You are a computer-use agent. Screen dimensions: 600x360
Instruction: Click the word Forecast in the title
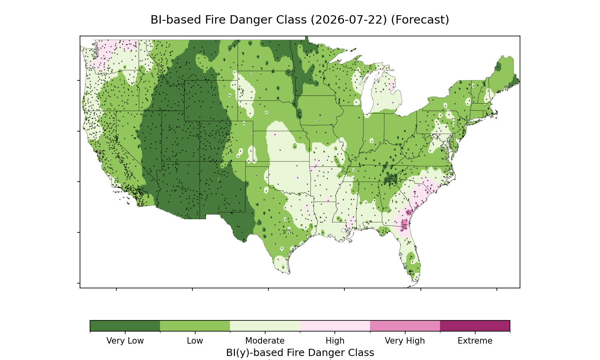coord(420,20)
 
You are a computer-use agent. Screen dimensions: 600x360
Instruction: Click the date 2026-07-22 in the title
coord(349,20)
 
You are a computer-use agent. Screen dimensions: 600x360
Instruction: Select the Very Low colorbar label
coord(125,341)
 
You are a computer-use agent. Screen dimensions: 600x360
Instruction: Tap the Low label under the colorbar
coord(195,341)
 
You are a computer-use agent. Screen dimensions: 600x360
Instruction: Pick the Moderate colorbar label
coord(265,341)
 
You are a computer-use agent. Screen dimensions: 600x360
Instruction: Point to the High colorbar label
coord(335,341)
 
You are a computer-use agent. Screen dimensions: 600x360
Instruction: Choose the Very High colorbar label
coord(405,341)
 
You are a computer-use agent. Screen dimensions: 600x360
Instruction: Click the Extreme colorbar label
coord(475,341)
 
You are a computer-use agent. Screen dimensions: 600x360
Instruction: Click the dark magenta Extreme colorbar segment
coord(475,326)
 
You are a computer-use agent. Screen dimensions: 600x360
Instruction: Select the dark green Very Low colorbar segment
coord(125,326)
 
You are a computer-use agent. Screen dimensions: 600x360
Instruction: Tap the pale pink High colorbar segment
coord(335,326)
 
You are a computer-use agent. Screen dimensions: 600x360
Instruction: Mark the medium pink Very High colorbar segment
coord(405,326)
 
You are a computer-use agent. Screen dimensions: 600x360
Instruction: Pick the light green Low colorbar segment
coord(195,326)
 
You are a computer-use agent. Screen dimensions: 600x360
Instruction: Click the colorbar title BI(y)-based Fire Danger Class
coord(300,353)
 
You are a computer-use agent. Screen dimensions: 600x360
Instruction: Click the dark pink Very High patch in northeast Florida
coord(404,224)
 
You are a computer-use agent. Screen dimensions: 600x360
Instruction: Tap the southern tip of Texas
coord(288,274)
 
